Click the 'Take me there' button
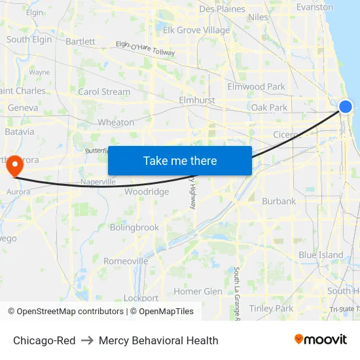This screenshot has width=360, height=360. [x=180, y=160]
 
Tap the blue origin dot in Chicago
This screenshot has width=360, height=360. [x=346, y=107]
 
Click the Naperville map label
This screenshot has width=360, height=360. [x=98, y=181]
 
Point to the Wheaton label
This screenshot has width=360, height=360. [x=116, y=122]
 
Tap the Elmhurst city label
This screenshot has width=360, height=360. [x=196, y=101]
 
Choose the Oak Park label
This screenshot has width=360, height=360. [x=269, y=107]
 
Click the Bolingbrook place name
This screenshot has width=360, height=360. [x=134, y=228]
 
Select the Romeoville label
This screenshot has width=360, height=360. [x=126, y=261]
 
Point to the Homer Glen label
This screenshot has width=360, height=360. [x=198, y=291]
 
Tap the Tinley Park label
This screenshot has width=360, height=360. [x=271, y=308]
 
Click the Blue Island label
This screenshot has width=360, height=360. [x=321, y=255]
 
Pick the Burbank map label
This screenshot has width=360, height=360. [x=279, y=202]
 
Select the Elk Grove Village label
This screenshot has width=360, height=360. [x=196, y=30]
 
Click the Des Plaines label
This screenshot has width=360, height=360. [x=222, y=9]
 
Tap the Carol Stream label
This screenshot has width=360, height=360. [x=104, y=92]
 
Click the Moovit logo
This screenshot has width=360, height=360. [x=321, y=339]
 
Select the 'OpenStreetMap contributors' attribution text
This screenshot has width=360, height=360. [x=69, y=312]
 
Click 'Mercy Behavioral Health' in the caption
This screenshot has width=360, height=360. [x=158, y=340]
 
